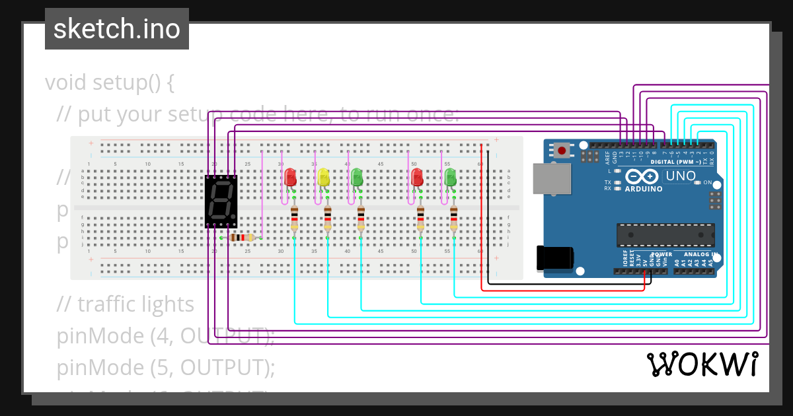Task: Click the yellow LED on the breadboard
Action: coord(323,178)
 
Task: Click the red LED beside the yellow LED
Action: coord(289,178)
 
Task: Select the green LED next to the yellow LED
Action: coord(357,177)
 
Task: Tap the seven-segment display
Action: coord(221,201)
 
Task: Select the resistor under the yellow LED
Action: coord(327,217)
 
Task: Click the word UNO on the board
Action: coord(681,176)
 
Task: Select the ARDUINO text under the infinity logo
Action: coord(644,189)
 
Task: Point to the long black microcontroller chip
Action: coord(665,234)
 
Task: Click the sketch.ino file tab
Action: coord(117,29)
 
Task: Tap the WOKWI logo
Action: coord(702,364)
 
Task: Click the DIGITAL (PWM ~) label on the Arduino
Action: coord(677,162)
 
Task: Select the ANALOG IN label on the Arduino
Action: coord(700,254)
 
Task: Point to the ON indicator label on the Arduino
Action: coord(708,182)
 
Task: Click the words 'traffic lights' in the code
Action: coord(135,304)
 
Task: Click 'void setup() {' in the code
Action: coord(110,83)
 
